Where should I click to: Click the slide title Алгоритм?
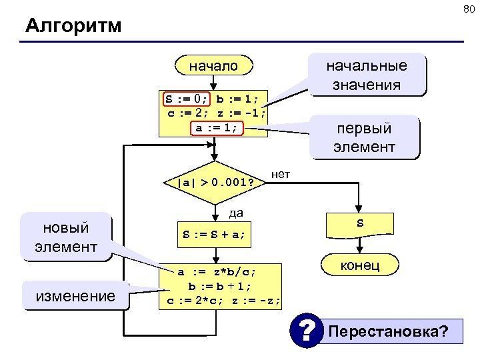tap(73, 27)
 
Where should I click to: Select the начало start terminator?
tap(213, 66)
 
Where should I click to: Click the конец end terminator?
tap(361, 265)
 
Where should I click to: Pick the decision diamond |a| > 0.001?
tap(215, 182)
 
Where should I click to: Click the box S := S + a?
tap(215, 234)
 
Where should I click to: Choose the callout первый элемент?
tap(365, 137)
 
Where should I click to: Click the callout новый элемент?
tap(66, 237)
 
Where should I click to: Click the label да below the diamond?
tap(235, 213)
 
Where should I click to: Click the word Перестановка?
tap(388, 331)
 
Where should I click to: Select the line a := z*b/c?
tap(216, 272)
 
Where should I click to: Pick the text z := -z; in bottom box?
tap(257, 301)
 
